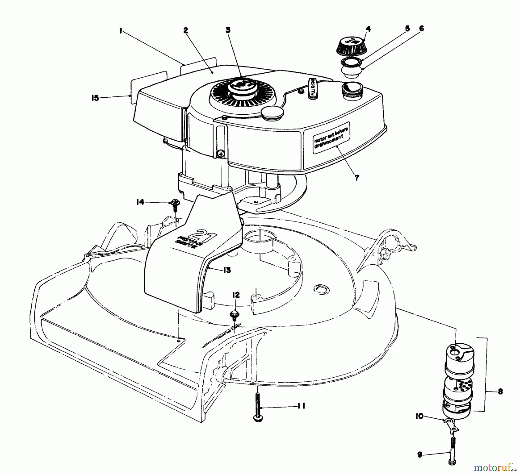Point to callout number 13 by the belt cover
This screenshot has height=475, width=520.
point(227,270)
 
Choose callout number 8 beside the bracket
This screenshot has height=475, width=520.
point(500,392)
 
